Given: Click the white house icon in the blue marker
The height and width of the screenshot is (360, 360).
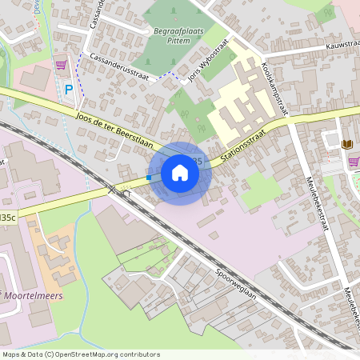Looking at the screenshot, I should click(x=180, y=173).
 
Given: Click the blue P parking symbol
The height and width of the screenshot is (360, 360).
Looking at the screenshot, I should click(x=69, y=90).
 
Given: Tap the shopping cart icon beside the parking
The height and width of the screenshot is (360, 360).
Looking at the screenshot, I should click(x=61, y=64).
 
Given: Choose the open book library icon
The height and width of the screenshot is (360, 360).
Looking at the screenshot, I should click(x=346, y=144).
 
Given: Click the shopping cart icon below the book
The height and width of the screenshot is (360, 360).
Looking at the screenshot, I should click(x=353, y=162).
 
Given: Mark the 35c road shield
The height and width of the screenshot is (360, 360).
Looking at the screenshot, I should click(x=7, y=216).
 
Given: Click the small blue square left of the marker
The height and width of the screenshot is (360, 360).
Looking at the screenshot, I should click(x=149, y=178).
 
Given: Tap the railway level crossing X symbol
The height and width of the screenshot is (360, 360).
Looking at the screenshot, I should click(x=113, y=189).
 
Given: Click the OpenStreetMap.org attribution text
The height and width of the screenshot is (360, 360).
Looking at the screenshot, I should click(x=97, y=354).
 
